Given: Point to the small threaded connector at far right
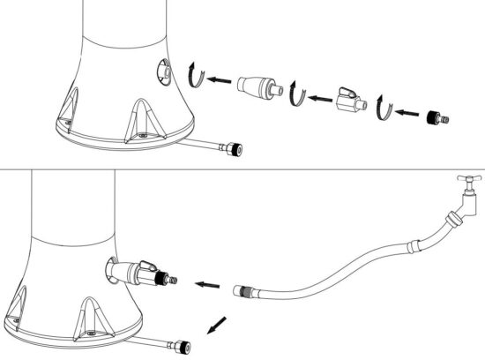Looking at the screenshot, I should click(x=433, y=115).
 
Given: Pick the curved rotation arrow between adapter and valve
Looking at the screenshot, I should click(x=298, y=92).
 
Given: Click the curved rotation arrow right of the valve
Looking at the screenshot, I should click(x=381, y=108).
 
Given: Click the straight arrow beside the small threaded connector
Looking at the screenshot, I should click(x=407, y=112).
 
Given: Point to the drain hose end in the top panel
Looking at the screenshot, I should click(x=234, y=150).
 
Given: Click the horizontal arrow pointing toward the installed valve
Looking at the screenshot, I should click(x=208, y=285).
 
